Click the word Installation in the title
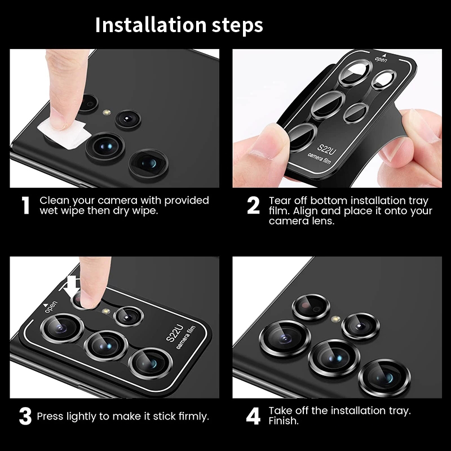point(151,25)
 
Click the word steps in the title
point(237,26)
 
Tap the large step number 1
point(25,205)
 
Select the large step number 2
point(253,205)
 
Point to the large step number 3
point(25,417)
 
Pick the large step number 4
point(253,416)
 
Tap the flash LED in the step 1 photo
point(107,112)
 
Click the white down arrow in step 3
point(72,287)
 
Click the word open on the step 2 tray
point(381,60)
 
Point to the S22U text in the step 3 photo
point(175,333)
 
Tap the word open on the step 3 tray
point(51,307)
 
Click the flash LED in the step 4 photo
point(335,319)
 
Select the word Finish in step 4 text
point(284,421)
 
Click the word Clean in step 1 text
point(54,200)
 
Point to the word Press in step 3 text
point(50,416)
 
